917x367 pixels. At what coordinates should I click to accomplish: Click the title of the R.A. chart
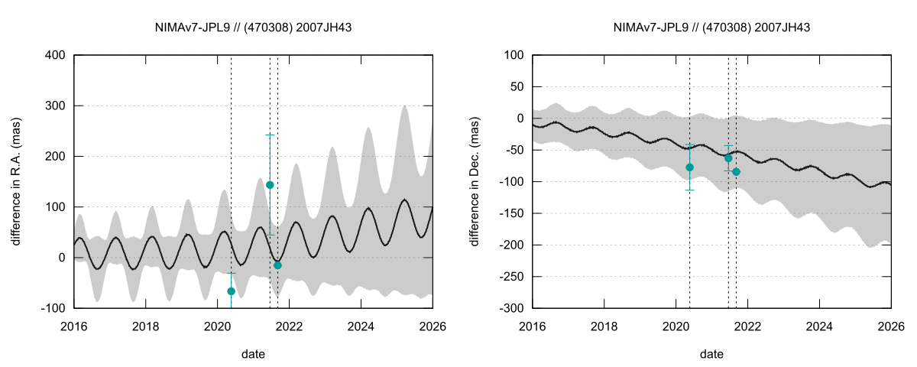click(253, 28)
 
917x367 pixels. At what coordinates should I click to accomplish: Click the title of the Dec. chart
click(711, 28)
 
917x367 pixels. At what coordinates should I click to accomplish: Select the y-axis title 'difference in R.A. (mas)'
click(16, 181)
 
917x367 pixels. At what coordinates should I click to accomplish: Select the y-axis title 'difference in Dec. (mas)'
click(475, 181)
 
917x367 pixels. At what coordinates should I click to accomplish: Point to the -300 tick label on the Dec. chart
click(512, 308)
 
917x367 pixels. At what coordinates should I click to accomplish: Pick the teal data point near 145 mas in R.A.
click(270, 185)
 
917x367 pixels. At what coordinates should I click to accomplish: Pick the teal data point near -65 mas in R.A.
click(232, 291)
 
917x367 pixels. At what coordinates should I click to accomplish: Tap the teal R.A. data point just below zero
click(277, 265)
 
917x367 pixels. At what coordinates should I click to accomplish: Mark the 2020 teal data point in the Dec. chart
click(689, 167)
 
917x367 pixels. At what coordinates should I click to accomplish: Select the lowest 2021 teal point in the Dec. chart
click(736, 171)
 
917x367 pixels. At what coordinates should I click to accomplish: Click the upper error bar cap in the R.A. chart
click(270, 135)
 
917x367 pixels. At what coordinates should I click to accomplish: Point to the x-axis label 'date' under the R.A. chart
click(253, 355)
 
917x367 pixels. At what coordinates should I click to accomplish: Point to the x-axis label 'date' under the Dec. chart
click(711, 355)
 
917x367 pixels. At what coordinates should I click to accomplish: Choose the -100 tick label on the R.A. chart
click(53, 308)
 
